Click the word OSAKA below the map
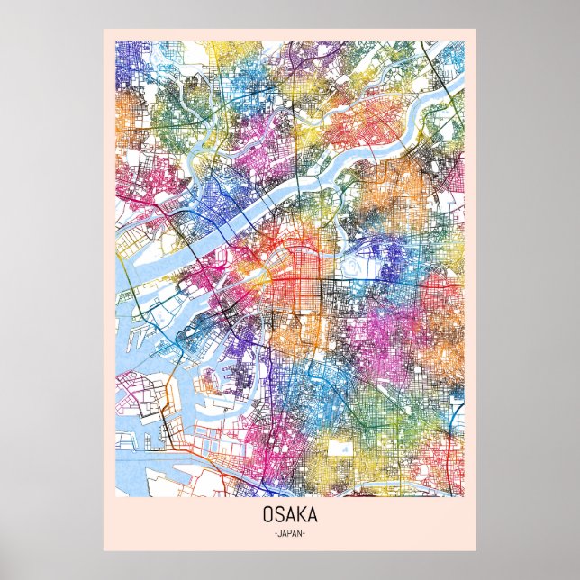[290, 517]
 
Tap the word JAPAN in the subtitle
[290, 533]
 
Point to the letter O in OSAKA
[269, 517]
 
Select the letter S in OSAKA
[279, 517]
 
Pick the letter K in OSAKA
[300, 517]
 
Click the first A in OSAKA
[289, 517]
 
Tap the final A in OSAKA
[311, 517]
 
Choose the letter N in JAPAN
[301, 533]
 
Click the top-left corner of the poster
[104, 28]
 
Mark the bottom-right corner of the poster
[476, 550]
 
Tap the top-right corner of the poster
[476, 28]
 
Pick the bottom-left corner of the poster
[104, 550]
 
